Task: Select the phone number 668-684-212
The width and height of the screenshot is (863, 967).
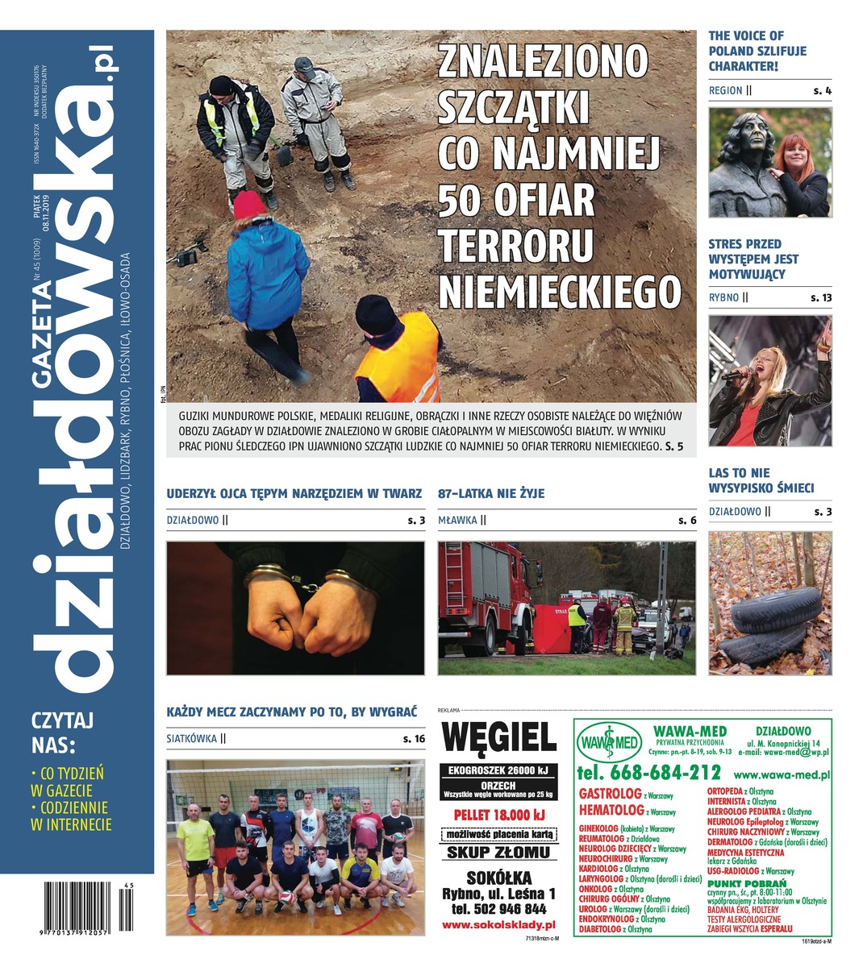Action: (648, 772)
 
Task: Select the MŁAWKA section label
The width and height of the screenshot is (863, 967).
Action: (457, 521)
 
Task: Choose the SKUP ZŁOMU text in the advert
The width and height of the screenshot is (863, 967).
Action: (498, 853)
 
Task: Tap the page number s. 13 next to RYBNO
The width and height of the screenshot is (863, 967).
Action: (821, 297)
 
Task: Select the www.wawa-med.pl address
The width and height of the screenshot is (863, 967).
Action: (782, 775)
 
